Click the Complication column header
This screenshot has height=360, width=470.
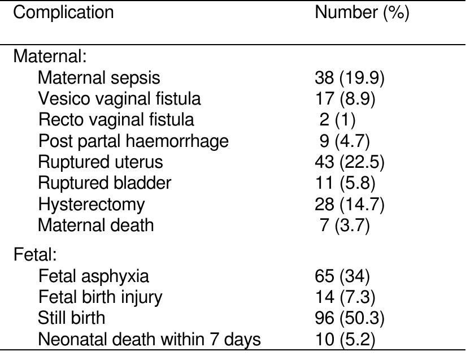coord(63,13)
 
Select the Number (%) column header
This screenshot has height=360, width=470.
coord(362,13)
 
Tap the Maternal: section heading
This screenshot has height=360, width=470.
coord(50,57)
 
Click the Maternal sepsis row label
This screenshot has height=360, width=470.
coord(99,77)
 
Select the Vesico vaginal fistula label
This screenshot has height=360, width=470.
coord(119,99)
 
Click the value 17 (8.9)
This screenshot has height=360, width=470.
coord(345,99)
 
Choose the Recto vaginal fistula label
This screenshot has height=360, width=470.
coord(116,120)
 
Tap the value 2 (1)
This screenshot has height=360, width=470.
coord(338,120)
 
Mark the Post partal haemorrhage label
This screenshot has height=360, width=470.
coord(133,141)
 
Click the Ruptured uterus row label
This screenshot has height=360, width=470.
coord(101,162)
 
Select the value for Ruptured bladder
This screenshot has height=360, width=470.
coord(345,183)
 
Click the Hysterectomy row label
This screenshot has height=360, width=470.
coord(92,204)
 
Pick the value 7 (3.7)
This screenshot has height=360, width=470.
coord(345,225)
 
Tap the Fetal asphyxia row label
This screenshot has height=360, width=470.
coord(94,276)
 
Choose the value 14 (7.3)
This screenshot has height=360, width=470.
coord(345,297)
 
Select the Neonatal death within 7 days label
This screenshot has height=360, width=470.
coord(150,339)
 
